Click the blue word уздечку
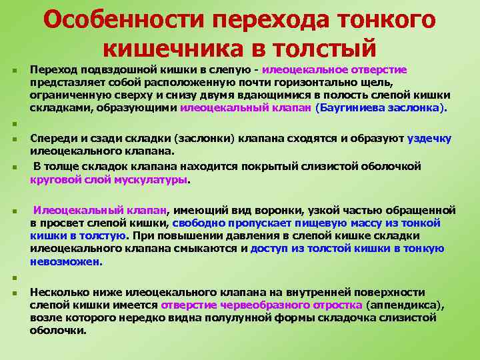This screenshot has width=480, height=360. click(429, 139)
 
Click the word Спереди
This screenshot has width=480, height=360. click(51, 139)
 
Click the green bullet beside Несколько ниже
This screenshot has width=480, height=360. click(14, 293)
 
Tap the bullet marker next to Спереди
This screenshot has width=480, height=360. click(14, 139)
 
